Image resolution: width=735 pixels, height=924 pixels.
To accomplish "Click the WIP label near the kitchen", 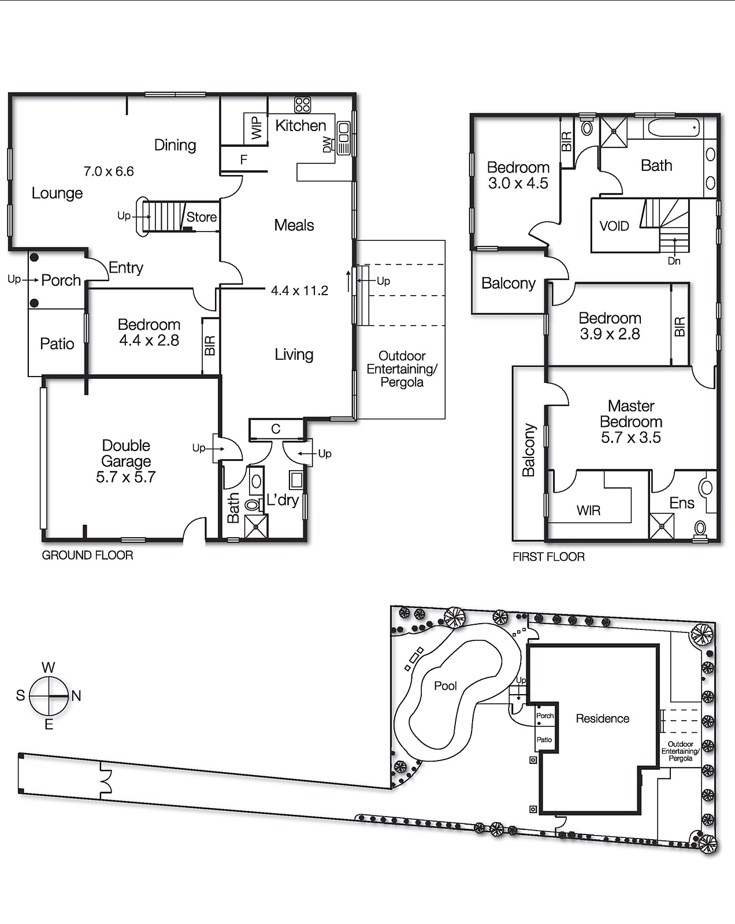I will pos(257,128).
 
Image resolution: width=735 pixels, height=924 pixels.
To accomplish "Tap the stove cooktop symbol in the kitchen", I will pos(303,105).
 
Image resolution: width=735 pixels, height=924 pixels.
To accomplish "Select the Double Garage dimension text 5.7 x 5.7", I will pos(125,477).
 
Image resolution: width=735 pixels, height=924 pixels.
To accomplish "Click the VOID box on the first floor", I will pos(614,226).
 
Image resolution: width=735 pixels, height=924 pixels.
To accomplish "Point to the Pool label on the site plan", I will pos(445,685).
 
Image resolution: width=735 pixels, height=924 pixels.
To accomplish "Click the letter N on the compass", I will pos(76,696).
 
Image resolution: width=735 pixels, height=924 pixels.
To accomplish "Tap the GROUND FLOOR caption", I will pos(87,555).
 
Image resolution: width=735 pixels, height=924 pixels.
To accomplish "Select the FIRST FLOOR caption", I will pos(548,557).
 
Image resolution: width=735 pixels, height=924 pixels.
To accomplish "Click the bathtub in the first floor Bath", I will pos(673,128).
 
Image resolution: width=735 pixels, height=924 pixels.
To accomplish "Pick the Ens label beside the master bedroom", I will pos(681,503).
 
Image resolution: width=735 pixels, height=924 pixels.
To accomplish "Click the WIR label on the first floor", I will pos(588,511).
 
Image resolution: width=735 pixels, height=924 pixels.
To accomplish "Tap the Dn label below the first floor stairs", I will pos(674,261).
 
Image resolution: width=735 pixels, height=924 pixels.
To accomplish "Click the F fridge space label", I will pos(244,159).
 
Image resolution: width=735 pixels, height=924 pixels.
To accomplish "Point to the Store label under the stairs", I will pos(201,217).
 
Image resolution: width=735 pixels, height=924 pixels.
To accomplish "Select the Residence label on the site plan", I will pos(602,718).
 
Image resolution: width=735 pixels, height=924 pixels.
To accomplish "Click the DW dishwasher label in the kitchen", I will pos(328,144).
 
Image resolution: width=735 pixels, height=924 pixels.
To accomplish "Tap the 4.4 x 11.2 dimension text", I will pos(299,290).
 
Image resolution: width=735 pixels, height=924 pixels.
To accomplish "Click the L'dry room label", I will pos(282,500).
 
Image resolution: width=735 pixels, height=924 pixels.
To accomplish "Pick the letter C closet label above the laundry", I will pos(276,429).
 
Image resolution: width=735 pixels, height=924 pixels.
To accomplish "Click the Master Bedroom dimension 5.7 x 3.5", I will pos(630,438).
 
